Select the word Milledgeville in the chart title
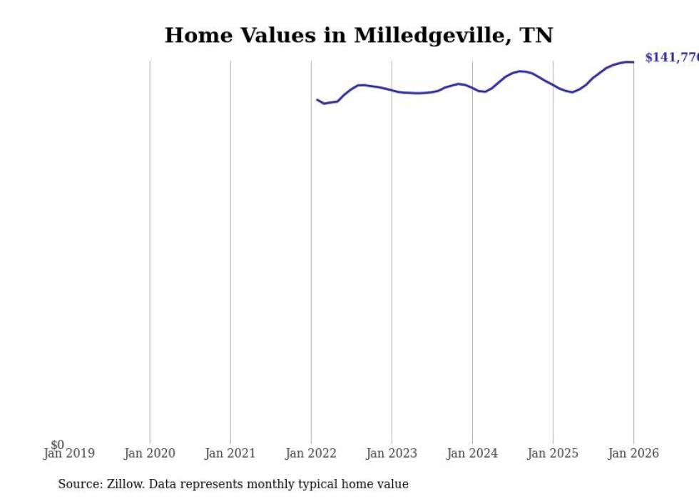pyautogui.click(x=422, y=35)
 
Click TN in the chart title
pyautogui.click(x=536, y=35)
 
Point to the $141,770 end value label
pyautogui.click(x=671, y=58)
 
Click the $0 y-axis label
pyautogui.click(x=57, y=445)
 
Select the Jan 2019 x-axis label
pyautogui.click(x=68, y=453)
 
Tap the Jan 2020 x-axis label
pyautogui.click(x=150, y=453)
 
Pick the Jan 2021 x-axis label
pyautogui.click(x=230, y=453)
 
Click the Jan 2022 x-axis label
pyautogui.click(x=311, y=453)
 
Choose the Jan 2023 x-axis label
pyautogui.click(x=392, y=453)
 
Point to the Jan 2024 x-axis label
pyautogui.click(x=472, y=453)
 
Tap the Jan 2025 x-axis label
pyautogui.click(x=553, y=453)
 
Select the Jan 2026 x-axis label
pyautogui.click(x=633, y=453)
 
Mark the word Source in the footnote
pyautogui.click(x=80, y=484)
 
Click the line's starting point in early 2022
pyautogui.click(x=317, y=100)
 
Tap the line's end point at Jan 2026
pyautogui.click(x=633, y=62)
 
